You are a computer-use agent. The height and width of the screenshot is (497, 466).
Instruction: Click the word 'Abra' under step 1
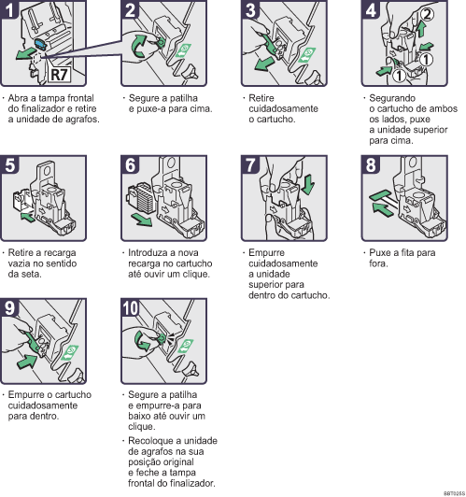click(x=19, y=97)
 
